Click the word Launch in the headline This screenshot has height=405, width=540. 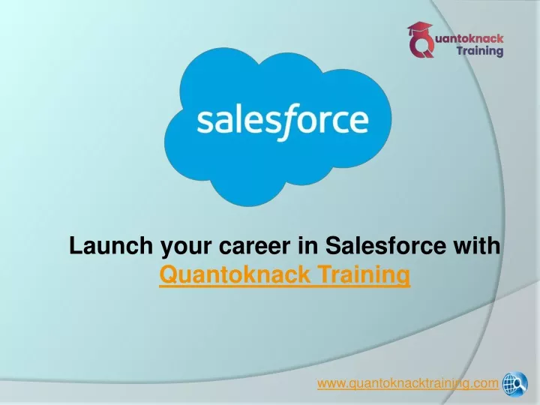(111, 245)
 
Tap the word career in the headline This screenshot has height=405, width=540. (254, 246)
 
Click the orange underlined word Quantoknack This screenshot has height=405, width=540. (235, 274)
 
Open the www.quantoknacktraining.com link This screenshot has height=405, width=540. (408, 383)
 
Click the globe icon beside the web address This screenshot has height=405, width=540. (514, 383)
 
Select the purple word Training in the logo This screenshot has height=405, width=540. (480, 51)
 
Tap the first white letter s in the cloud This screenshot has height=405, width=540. (205, 122)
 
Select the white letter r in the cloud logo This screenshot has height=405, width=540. (327, 122)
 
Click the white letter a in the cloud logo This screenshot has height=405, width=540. (224, 122)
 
